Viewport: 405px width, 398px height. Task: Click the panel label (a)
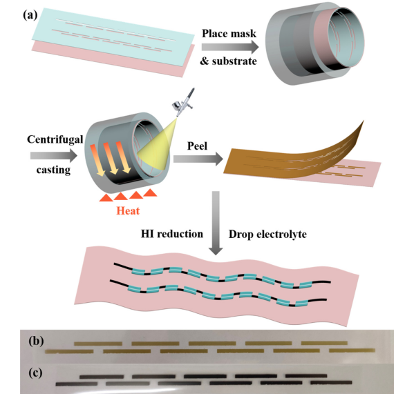click(x=30, y=15)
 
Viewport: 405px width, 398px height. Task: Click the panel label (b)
click(x=36, y=341)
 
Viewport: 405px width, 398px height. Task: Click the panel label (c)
click(x=35, y=372)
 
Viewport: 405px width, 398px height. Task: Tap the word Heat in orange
click(x=128, y=210)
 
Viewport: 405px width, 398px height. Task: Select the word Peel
click(x=197, y=146)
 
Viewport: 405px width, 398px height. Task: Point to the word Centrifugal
click(x=55, y=139)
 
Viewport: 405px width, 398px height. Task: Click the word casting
click(x=53, y=170)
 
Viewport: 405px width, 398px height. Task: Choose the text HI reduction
click(x=172, y=234)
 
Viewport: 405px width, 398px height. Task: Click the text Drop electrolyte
click(x=267, y=235)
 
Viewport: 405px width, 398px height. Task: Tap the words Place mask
click(x=229, y=33)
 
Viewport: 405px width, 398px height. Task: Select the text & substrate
click(x=229, y=61)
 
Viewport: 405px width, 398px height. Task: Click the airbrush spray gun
click(x=184, y=102)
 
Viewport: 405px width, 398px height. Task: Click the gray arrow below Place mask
click(x=230, y=47)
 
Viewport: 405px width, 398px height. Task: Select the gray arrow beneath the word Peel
click(x=198, y=159)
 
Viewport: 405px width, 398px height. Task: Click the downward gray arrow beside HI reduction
click(x=216, y=223)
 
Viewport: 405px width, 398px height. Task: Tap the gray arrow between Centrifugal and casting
click(x=54, y=155)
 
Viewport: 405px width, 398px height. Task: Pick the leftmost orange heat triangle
click(x=106, y=197)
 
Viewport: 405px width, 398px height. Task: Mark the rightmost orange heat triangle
click(x=150, y=192)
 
